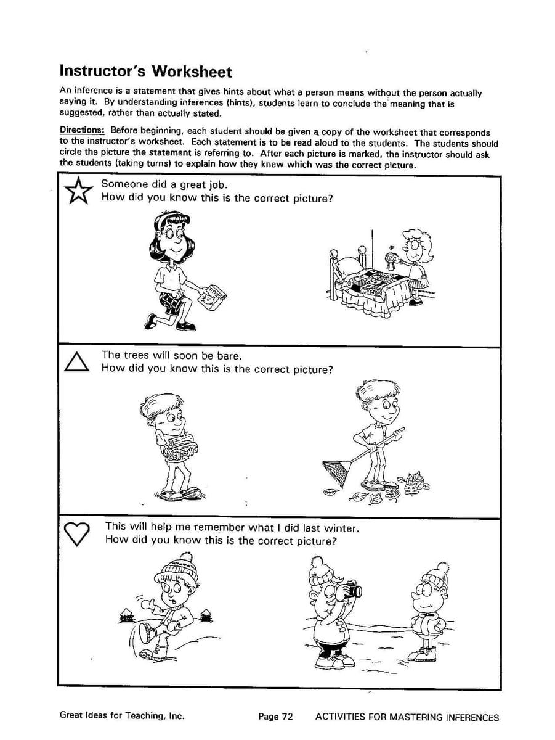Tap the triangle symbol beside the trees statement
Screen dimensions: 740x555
[x=77, y=361]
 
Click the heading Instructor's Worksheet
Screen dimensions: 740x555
[x=145, y=72]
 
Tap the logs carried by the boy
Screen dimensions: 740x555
[x=179, y=446]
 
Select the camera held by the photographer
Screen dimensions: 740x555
[x=352, y=590]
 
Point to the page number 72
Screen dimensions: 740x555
[x=276, y=717]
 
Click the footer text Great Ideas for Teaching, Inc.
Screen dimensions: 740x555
[x=122, y=715]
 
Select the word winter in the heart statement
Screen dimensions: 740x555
[x=341, y=527]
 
